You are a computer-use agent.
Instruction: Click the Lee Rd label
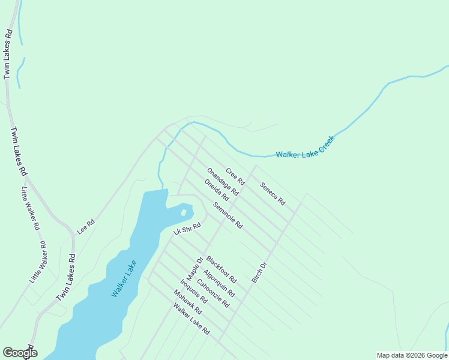pos(86,226)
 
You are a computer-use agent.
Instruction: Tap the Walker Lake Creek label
pos(304,148)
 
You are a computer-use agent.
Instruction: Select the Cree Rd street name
pos(235,176)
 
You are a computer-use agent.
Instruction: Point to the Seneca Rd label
pos(272,194)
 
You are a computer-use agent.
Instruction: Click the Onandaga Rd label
pos(223,181)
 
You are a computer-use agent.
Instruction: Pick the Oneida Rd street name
pos(217,190)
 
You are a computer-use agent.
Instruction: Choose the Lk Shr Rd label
pos(186,229)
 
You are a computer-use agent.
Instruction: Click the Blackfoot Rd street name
pos(221,269)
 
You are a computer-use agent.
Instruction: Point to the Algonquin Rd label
pos(218,283)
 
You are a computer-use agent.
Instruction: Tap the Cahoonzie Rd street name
pos(213,293)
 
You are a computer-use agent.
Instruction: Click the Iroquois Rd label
pos(193,291)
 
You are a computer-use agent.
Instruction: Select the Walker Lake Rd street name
pos(191,319)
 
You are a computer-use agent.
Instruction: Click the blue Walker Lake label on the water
pos(124,278)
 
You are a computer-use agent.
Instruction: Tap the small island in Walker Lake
pos(184,212)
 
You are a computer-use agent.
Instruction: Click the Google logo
pos(20,353)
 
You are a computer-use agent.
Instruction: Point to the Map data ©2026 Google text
pos(412,355)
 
